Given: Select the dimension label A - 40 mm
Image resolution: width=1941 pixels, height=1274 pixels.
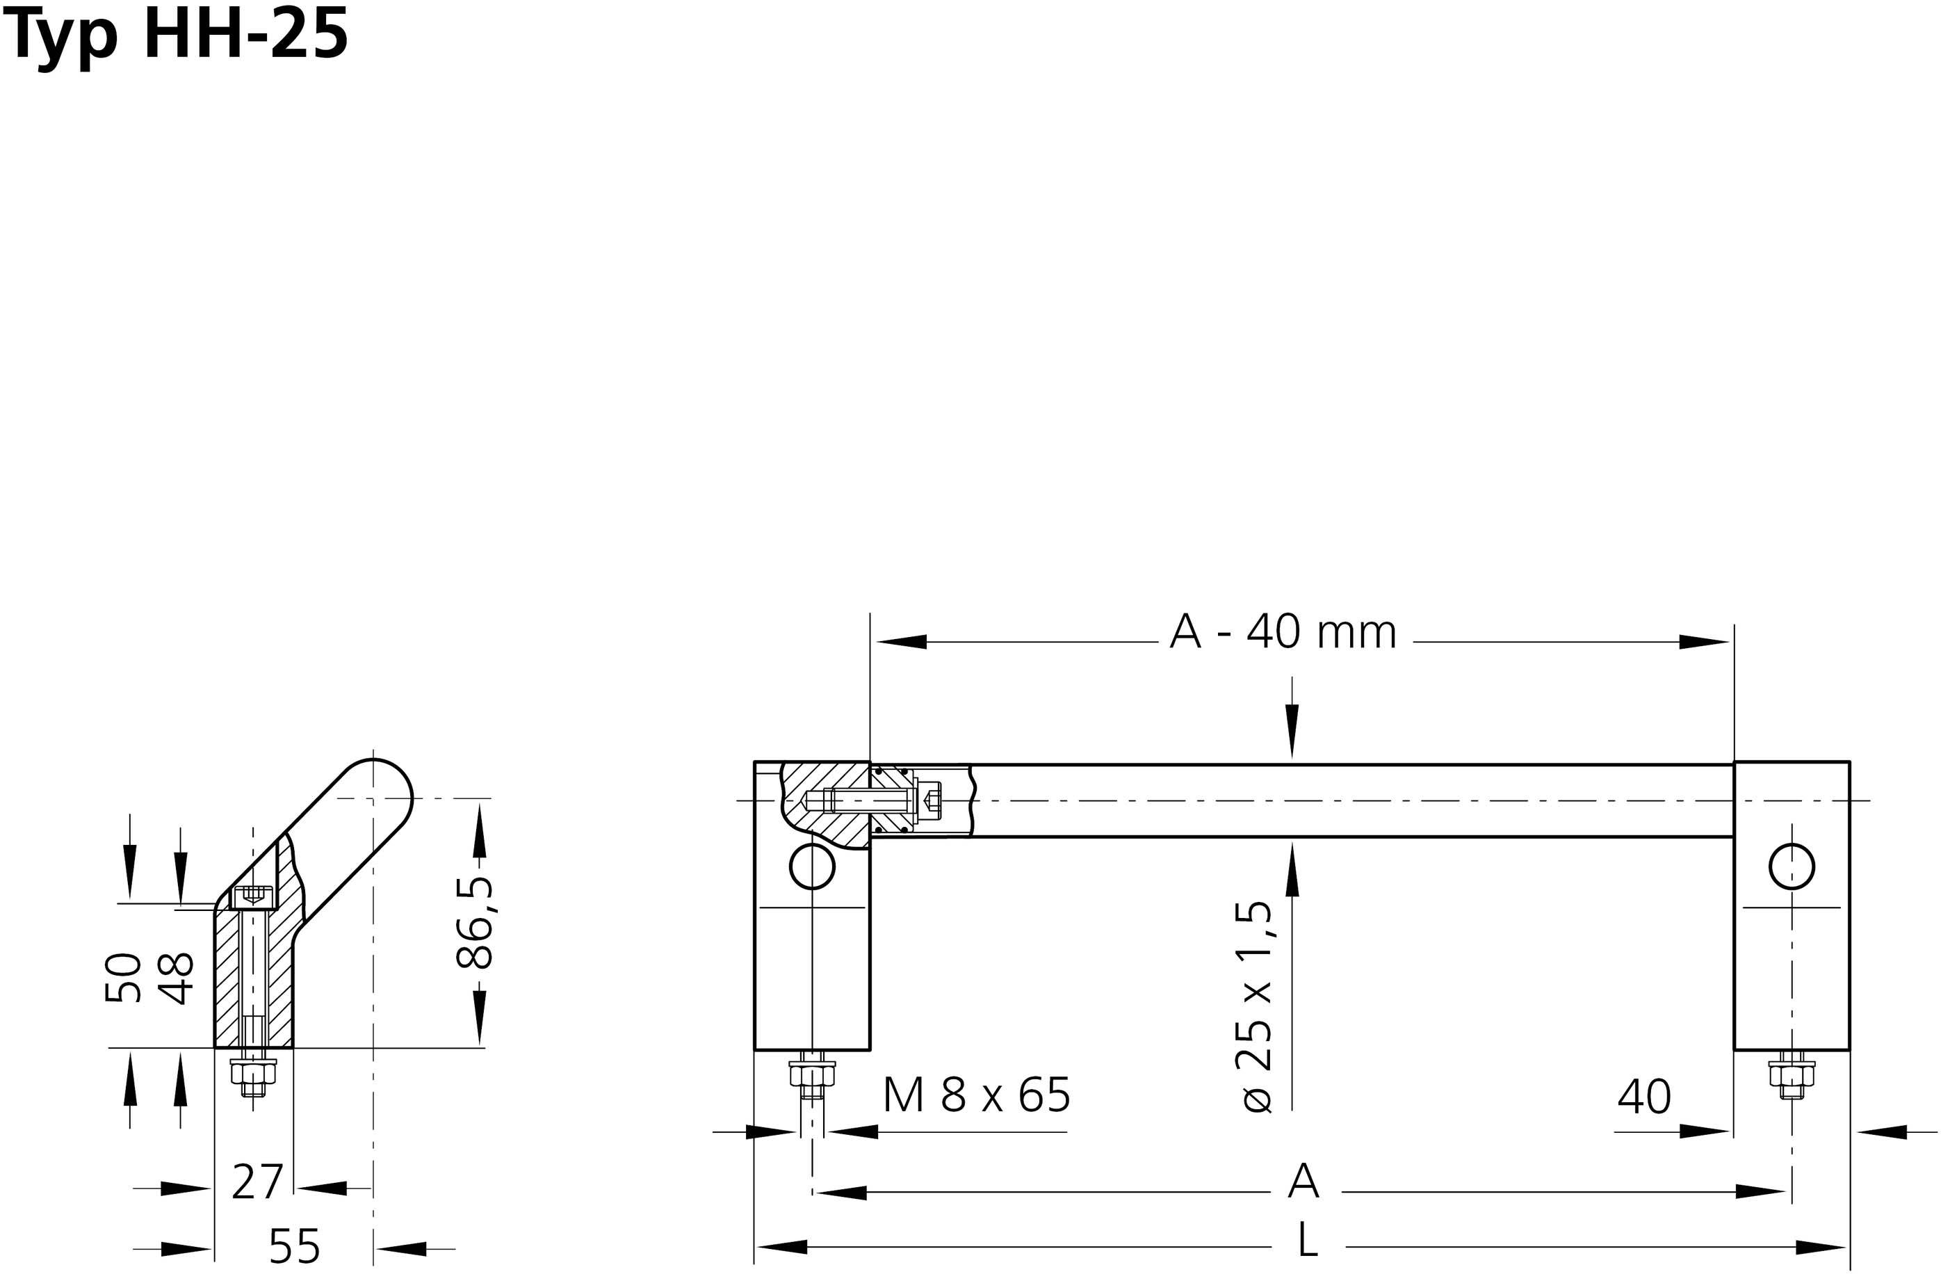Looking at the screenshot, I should [1283, 632].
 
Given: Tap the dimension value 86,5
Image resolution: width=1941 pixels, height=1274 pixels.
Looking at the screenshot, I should [475, 921].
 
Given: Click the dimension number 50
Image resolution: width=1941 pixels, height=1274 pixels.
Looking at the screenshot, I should [124, 976].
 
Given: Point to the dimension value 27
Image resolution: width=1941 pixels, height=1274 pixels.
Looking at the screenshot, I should [257, 1183].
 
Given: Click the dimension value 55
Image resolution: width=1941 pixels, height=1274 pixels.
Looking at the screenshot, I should [294, 1245].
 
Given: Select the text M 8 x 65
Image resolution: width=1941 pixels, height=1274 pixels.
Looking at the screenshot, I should [976, 1095].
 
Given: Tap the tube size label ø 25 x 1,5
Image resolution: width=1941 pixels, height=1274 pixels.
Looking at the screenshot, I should [1254, 1007].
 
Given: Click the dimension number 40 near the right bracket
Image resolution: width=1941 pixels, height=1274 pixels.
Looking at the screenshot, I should [1643, 1097].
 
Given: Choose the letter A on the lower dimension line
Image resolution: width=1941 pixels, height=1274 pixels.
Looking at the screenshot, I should [1304, 1180].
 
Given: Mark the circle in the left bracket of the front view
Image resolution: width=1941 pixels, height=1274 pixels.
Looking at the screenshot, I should [812, 866].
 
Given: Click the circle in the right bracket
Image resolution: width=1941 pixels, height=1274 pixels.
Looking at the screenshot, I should [1792, 866].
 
